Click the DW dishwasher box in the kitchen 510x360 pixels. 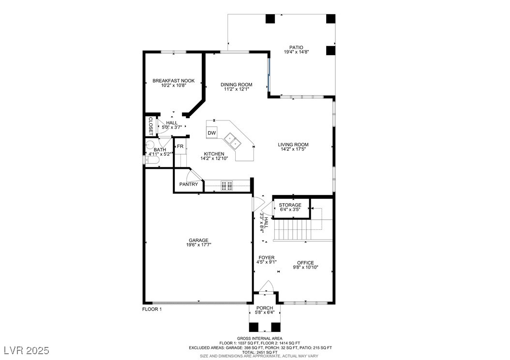[x=212, y=133]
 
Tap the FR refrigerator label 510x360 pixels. [x=180, y=146]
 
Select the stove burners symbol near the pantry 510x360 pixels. [x=227, y=185]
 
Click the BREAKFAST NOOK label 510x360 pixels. [x=174, y=81]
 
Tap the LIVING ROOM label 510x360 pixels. [x=293, y=145]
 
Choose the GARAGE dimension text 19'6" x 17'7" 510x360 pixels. [x=198, y=245]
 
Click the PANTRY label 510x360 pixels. [x=189, y=184]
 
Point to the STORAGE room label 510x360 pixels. [x=290, y=205]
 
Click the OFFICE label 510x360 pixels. [x=305, y=263]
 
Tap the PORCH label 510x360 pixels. [x=265, y=308]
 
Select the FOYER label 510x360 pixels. [x=267, y=257]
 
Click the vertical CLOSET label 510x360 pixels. [x=150, y=126]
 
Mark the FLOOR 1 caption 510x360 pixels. [x=152, y=309]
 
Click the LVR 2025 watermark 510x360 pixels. [x=27, y=350]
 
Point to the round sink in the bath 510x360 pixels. [x=150, y=145]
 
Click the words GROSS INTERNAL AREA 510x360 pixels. [x=259, y=339]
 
